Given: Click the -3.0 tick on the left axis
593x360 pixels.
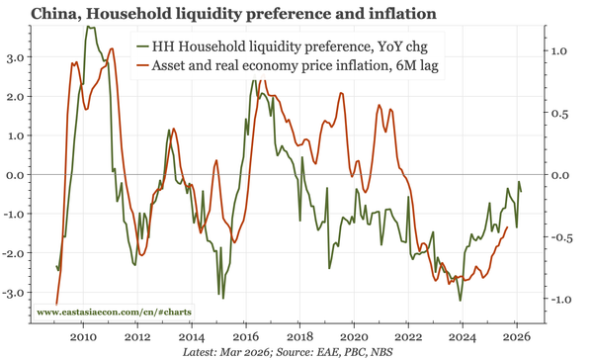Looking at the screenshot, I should click(13, 293).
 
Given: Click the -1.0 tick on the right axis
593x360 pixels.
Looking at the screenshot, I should click(560, 300).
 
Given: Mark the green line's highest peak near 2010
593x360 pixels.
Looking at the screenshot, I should click(89, 28).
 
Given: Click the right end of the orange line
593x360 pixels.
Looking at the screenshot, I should click(508, 227).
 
